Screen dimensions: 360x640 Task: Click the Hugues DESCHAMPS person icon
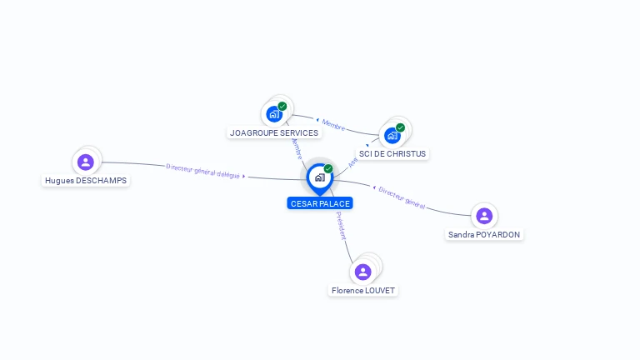(x=85, y=162)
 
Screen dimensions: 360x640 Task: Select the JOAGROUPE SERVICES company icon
(x=274, y=114)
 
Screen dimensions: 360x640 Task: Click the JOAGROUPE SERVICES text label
(x=274, y=132)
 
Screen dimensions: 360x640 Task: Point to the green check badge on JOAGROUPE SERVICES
(x=282, y=106)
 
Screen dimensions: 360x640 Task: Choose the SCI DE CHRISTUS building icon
(x=392, y=135)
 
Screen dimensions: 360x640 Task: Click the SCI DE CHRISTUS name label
(x=392, y=153)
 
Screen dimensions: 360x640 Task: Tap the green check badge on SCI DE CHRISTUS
(x=401, y=127)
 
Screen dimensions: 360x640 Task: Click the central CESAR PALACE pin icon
(x=319, y=177)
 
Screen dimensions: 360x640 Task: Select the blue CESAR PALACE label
(x=320, y=203)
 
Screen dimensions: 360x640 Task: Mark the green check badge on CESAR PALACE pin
(x=328, y=168)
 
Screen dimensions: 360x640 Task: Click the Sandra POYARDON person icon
(x=484, y=216)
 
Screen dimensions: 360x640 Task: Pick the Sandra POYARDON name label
(x=484, y=235)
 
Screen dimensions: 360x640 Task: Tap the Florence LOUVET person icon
(x=362, y=272)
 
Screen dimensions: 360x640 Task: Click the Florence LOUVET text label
(x=363, y=291)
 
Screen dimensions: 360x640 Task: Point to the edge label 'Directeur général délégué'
(x=203, y=171)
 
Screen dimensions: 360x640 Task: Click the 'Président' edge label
(x=341, y=226)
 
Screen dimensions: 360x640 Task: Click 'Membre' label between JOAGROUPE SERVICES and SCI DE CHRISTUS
(x=332, y=125)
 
